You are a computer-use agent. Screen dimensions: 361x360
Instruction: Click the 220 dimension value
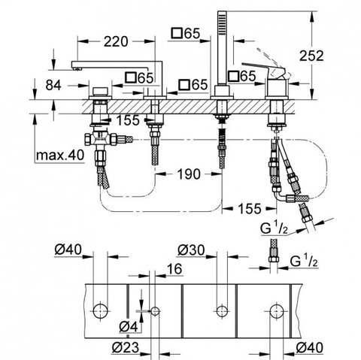(x=116, y=41)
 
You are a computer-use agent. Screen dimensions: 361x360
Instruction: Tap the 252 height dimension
(x=311, y=56)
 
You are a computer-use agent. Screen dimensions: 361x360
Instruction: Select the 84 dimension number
(x=53, y=86)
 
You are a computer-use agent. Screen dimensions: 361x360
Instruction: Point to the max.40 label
(x=60, y=156)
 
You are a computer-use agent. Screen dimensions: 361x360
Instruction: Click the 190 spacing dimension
(x=189, y=174)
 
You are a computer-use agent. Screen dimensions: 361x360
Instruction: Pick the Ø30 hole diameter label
(x=191, y=250)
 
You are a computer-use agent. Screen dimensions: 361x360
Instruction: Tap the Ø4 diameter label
(x=129, y=327)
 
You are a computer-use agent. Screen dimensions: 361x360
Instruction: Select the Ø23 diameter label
(x=126, y=348)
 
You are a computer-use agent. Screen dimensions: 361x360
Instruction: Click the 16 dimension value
(x=174, y=269)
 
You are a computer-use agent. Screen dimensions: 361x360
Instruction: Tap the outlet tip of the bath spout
(x=77, y=68)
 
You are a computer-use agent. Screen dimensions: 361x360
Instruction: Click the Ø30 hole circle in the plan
(x=222, y=311)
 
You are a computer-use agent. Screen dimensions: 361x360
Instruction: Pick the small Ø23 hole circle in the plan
(x=155, y=311)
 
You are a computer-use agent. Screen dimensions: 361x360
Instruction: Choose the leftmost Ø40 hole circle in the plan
(x=100, y=311)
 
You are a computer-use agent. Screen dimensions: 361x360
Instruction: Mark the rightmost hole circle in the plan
(x=277, y=311)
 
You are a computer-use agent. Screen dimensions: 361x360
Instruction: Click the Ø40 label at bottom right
(x=309, y=348)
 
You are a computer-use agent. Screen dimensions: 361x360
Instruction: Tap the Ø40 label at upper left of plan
(x=68, y=250)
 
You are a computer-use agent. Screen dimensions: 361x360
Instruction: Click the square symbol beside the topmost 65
(x=177, y=33)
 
